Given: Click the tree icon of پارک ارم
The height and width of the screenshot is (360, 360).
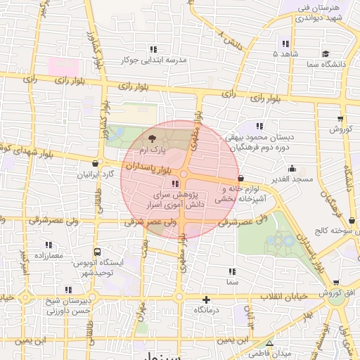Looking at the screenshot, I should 153,138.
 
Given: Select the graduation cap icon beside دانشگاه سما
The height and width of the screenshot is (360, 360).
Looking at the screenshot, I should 324,53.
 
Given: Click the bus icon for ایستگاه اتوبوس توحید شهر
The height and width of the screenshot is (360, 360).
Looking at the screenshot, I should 97,252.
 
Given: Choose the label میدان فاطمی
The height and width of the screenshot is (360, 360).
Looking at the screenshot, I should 271,352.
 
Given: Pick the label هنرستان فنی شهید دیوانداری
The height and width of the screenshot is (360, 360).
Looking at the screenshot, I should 321,13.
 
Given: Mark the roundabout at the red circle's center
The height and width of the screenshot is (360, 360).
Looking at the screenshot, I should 182,174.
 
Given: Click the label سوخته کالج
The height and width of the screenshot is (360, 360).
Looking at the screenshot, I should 337,231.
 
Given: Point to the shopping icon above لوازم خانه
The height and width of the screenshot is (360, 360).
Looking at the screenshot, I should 241,179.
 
